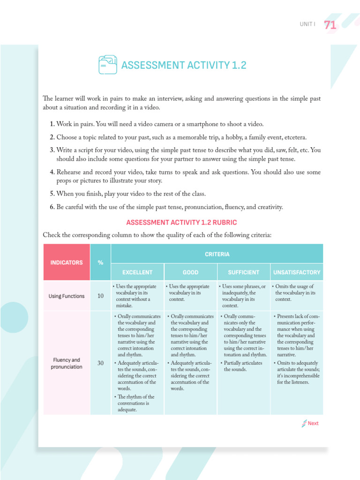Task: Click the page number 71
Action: pyautogui.click(x=330, y=25)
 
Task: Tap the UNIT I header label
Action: pyautogui.click(x=307, y=24)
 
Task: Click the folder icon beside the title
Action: pyautogui.click(x=108, y=65)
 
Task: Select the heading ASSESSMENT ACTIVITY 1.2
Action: pyautogui.click(x=183, y=65)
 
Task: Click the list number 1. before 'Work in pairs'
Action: pyautogui.click(x=52, y=124)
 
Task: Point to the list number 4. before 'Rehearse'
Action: pyautogui.click(x=52, y=172)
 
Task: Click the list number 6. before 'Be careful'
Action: pyautogui.click(x=52, y=207)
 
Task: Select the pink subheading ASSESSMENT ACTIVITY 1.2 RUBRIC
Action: pyautogui.click(x=181, y=222)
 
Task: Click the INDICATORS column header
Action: pyautogui.click(x=66, y=262)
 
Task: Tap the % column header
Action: pyautogui.click(x=100, y=262)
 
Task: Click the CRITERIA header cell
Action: pyautogui.click(x=217, y=254)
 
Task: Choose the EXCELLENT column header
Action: pyautogui.click(x=137, y=272)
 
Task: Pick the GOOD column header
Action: pyautogui.click(x=190, y=272)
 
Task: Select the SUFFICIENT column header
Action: pyautogui.click(x=243, y=272)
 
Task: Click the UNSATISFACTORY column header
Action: pyautogui.click(x=296, y=272)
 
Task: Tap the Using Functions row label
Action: pyautogui.click(x=67, y=296)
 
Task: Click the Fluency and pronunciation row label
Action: pyautogui.click(x=66, y=363)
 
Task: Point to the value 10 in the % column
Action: pyautogui.click(x=100, y=296)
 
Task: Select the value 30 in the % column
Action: pyautogui.click(x=100, y=363)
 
